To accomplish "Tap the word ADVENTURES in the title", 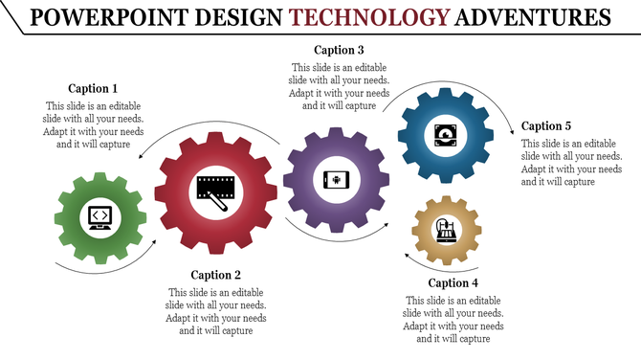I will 532,17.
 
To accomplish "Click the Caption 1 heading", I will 94,88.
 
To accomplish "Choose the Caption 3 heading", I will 340,50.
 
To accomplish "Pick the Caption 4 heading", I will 453,282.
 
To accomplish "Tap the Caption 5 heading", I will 546,125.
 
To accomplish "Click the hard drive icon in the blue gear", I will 446,133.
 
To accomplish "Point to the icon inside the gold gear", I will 446,230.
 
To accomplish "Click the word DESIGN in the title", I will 237,17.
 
